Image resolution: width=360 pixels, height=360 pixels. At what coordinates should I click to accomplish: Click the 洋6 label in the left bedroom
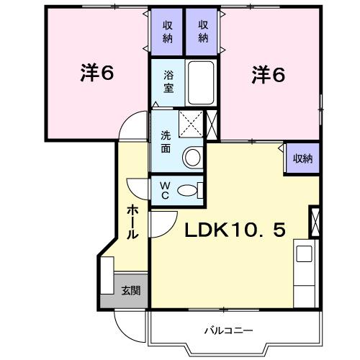point(98,74)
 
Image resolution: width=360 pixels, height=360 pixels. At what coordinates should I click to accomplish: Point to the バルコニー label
point(228,331)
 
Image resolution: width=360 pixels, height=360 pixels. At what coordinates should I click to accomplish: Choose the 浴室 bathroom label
point(168,81)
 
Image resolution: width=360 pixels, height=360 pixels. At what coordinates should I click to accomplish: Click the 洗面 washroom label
point(166,140)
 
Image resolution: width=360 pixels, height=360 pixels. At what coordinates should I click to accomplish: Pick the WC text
point(164,190)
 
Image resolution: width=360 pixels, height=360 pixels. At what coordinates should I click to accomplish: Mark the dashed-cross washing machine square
point(190,125)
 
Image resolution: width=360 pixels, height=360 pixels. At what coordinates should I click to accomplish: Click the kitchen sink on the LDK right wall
point(303,254)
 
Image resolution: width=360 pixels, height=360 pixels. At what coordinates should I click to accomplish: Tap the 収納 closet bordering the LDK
point(302,158)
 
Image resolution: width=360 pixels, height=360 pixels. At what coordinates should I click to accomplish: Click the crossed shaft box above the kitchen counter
point(314,222)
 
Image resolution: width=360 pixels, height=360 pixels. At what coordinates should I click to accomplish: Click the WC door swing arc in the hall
point(138,186)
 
